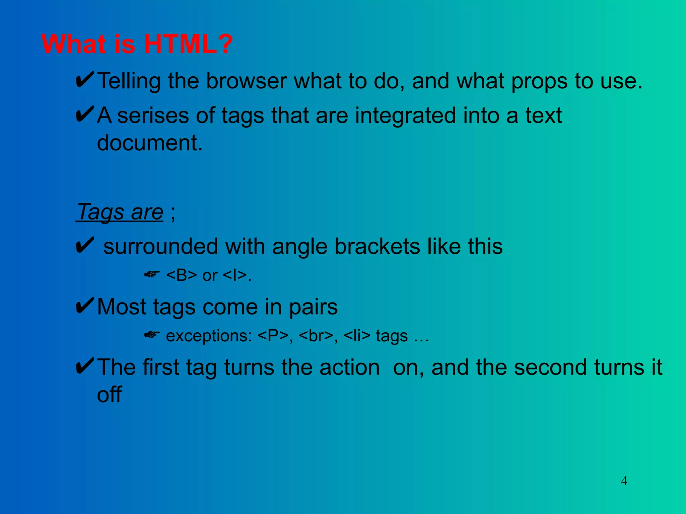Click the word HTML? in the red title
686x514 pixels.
(188, 44)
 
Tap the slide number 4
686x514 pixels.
(624, 481)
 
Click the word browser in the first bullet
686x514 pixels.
(246, 81)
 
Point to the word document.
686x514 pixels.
(150, 143)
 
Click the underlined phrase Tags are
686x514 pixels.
(120, 212)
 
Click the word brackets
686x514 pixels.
(377, 247)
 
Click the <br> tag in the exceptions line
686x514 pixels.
(316, 336)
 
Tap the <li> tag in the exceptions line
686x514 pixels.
(357, 336)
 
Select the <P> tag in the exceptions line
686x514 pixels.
(273, 336)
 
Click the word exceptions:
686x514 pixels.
(209, 336)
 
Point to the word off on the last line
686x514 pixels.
(109, 395)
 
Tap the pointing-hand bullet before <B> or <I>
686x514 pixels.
(152, 274)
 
